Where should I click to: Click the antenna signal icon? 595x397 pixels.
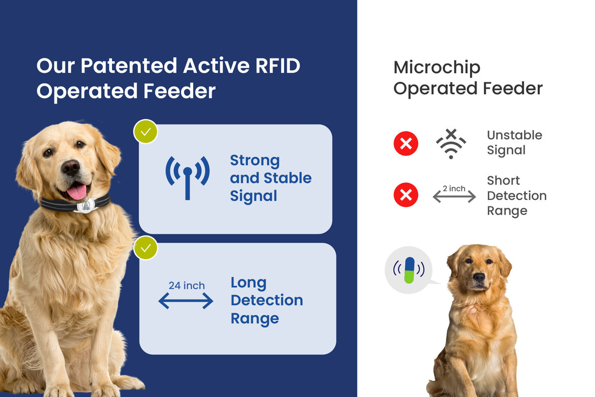coord(187,177)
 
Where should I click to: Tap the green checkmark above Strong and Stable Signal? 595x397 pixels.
coord(146,132)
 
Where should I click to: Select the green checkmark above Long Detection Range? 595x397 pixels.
coord(146,248)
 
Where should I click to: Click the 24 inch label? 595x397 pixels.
coord(187,285)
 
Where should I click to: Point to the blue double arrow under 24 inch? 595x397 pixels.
coord(186,301)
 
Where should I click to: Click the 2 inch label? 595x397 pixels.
coord(454,188)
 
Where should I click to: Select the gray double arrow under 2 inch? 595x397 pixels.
coord(454,197)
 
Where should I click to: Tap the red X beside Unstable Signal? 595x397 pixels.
coord(406,144)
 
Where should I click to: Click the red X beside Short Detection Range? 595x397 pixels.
coord(406,194)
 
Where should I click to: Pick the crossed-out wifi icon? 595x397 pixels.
coord(451,144)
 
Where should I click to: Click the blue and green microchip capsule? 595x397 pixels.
coord(409,270)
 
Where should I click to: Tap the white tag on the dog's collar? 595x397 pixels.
coord(85,206)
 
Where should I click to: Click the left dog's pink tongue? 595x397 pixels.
coord(76,191)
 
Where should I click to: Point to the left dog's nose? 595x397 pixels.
coord(71,167)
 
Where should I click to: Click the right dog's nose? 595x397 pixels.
coord(479,277)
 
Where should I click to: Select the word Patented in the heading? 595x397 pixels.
coord(129,66)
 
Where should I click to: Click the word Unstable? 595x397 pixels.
coord(514,135)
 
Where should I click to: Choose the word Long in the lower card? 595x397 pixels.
coord(248,282)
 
